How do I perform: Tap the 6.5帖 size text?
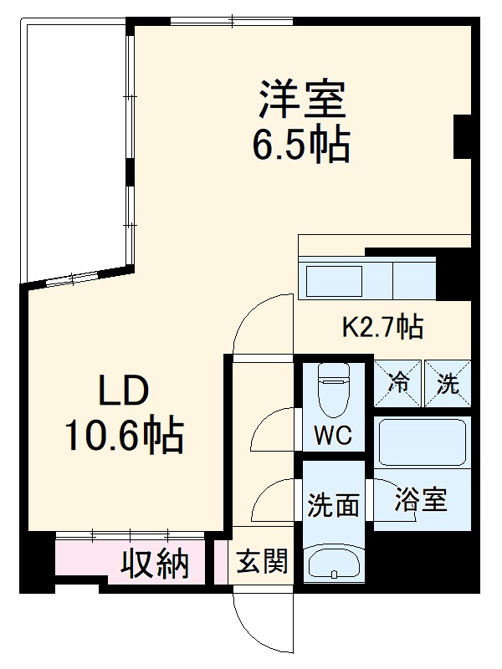(301, 146)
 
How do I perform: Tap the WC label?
(333, 436)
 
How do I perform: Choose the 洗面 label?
(333, 505)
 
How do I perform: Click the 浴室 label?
(421, 500)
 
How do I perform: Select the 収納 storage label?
(156, 565)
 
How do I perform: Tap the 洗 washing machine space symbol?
(448, 385)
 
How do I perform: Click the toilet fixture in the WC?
(333, 392)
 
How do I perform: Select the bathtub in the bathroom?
(422, 443)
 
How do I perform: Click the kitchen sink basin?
(332, 281)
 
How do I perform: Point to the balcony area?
(75, 151)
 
